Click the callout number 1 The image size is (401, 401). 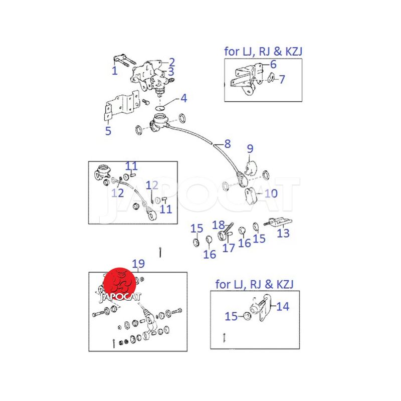tap(115, 71)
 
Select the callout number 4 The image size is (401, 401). tap(184, 98)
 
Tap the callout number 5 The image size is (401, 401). tap(108, 131)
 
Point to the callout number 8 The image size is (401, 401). tap(228, 144)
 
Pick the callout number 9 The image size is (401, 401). tap(250, 149)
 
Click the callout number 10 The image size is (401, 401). tap(271, 193)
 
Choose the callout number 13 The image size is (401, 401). tap(283, 233)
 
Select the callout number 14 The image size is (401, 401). tap(283, 306)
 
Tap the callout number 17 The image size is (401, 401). tap(229, 248)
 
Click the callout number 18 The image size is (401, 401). tap(218, 225)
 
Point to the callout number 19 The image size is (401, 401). tap(138, 264)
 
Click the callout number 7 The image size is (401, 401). tap(282, 79)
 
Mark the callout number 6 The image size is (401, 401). tap(273, 65)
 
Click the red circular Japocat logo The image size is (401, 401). tap(120, 284)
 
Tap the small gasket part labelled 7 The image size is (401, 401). tap(271, 78)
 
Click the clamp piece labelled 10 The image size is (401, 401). tap(250, 196)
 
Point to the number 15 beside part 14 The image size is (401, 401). tap(231, 317)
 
